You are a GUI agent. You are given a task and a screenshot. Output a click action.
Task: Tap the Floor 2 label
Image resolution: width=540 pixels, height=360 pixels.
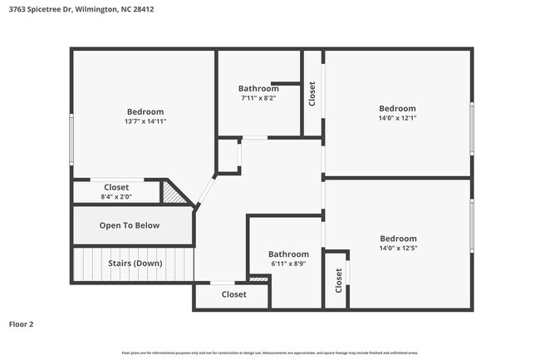pyautogui.click(x=22, y=323)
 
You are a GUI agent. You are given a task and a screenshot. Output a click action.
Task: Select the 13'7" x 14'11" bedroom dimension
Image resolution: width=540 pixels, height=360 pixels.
pyautogui.click(x=145, y=121)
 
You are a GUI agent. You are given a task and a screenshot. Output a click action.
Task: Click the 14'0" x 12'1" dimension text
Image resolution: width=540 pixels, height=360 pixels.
pyautogui.click(x=397, y=118)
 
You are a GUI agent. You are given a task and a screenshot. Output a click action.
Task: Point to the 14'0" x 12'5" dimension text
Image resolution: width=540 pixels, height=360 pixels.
pyautogui.click(x=397, y=248)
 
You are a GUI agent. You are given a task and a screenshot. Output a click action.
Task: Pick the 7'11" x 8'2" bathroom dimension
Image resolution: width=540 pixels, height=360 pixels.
pyautogui.click(x=253, y=98)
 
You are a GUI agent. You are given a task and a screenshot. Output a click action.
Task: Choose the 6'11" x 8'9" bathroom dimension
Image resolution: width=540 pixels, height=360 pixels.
pyautogui.click(x=288, y=264)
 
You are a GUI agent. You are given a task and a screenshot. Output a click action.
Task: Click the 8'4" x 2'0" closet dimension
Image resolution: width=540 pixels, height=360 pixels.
pyautogui.click(x=115, y=197)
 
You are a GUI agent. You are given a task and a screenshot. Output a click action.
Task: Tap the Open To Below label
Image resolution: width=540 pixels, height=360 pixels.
pyautogui.click(x=130, y=225)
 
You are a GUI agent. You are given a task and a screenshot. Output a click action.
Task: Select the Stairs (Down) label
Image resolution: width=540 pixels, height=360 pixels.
pyautogui.click(x=135, y=264)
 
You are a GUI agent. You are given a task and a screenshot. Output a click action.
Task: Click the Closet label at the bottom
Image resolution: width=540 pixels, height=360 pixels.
pyautogui.click(x=233, y=294)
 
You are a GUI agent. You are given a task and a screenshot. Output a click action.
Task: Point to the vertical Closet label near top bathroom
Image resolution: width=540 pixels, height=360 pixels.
pyautogui.click(x=312, y=92)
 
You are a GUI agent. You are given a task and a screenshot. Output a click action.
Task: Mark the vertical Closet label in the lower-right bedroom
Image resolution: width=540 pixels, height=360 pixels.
pyautogui.click(x=338, y=282)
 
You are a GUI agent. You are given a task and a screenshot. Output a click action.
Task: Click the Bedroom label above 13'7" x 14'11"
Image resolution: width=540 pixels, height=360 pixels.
pyautogui.click(x=145, y=112)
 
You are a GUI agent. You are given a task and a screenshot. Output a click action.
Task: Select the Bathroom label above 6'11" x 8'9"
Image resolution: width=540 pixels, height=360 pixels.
pyautogui.click(x=288, y=254)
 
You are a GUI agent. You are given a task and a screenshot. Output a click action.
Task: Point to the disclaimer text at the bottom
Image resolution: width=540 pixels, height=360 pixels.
pyautogui.click(x=269, y=353)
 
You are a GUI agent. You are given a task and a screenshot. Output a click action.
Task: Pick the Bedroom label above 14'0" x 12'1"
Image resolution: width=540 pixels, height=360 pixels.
pyautogui.click(x=397, y=109)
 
